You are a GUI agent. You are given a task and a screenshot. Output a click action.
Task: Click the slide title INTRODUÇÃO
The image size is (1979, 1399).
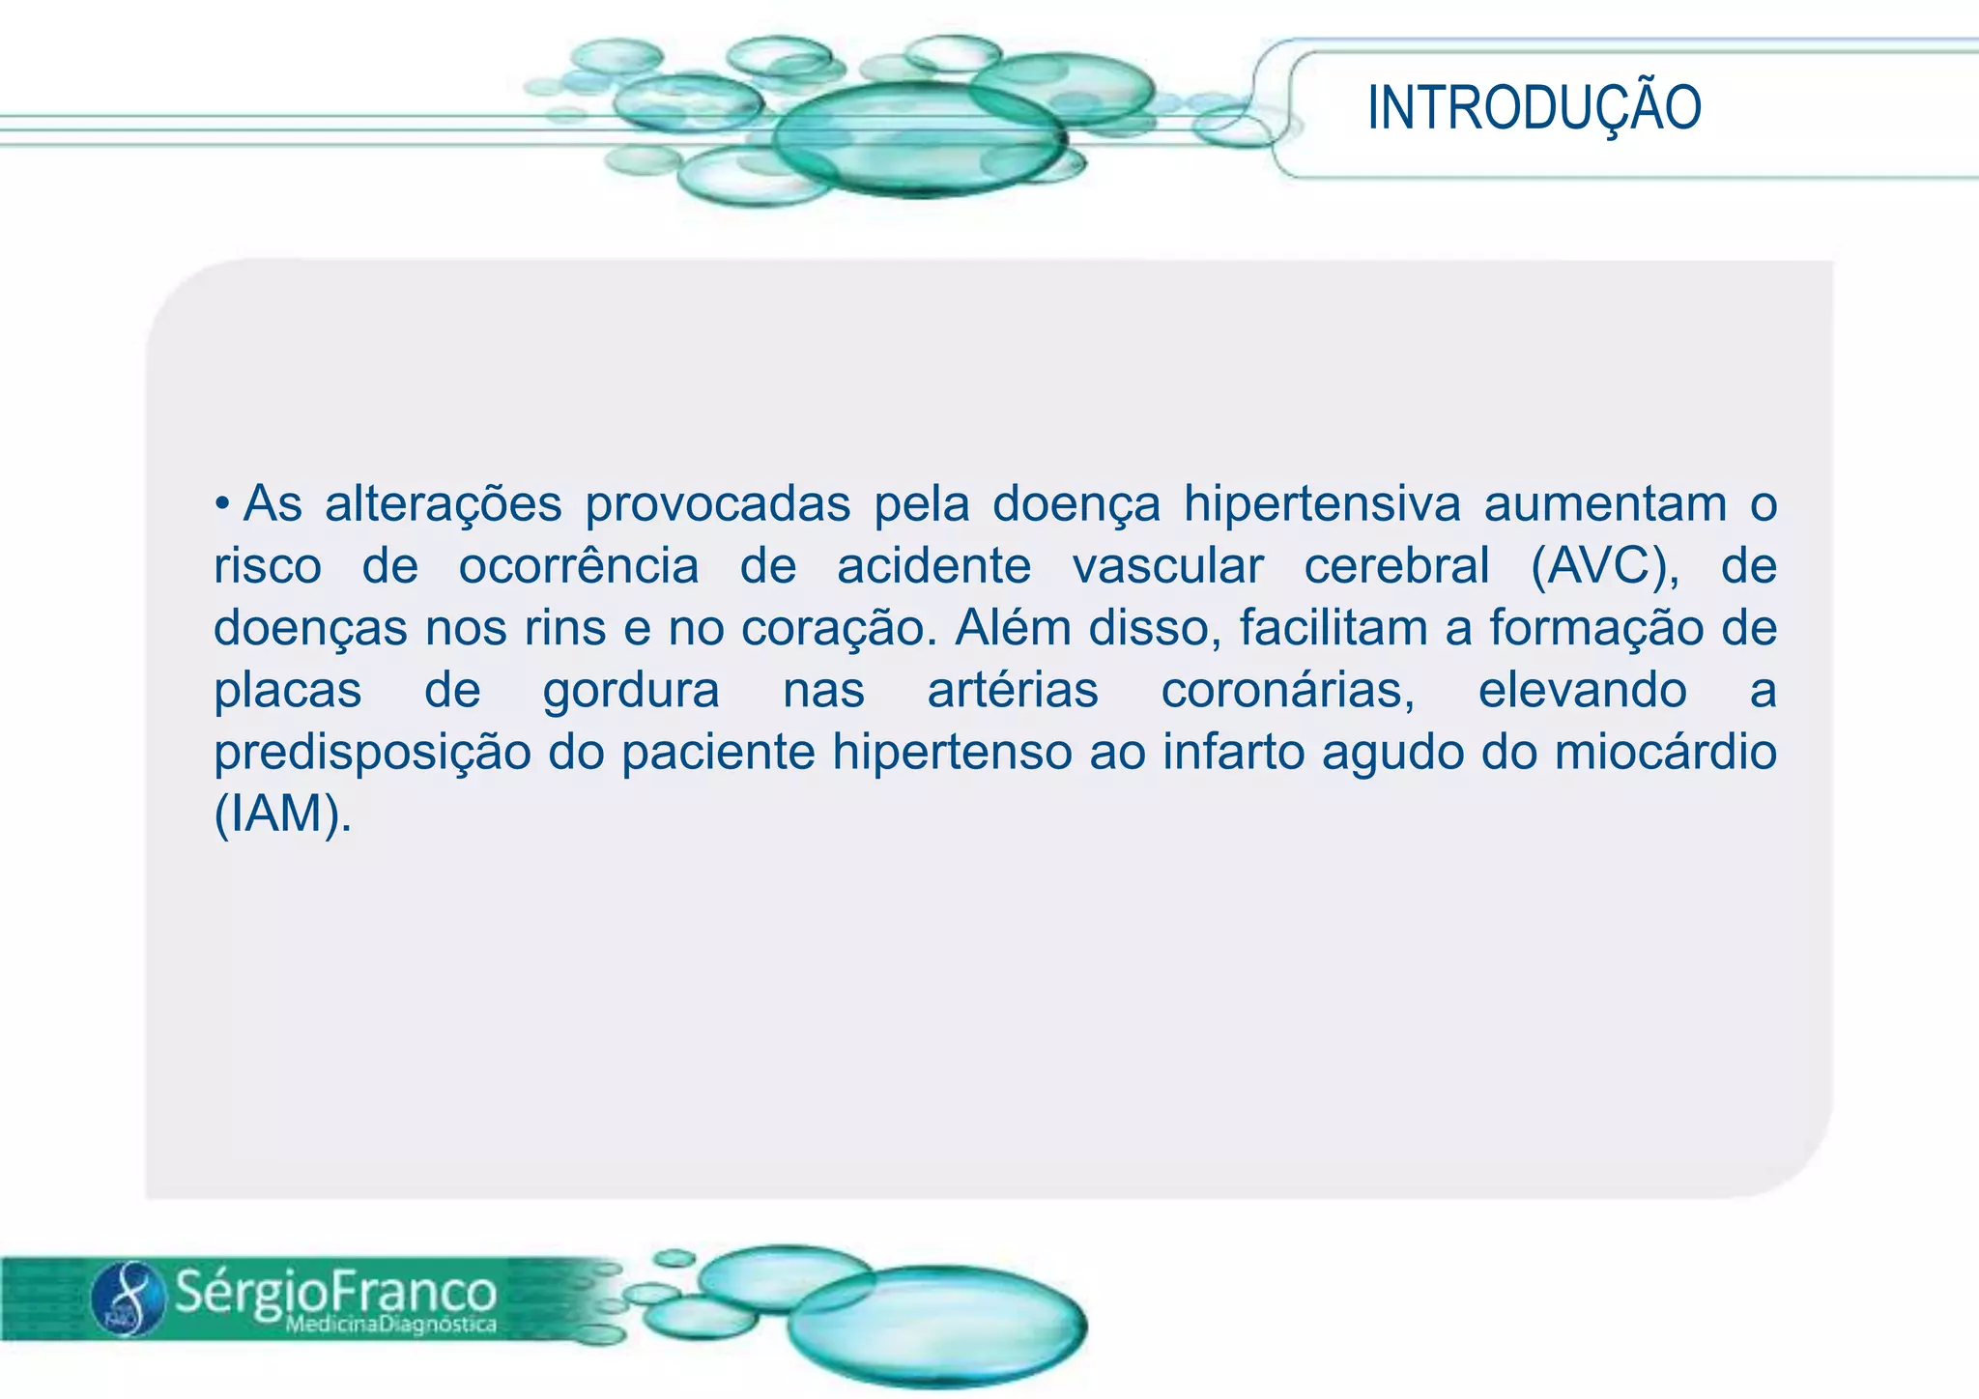(1534, 107)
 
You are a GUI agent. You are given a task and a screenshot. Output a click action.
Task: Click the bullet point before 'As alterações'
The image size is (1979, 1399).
(222, 502)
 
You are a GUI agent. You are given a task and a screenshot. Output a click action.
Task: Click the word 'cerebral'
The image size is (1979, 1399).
(1396, 566)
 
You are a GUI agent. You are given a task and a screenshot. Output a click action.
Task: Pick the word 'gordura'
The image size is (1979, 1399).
(631, 691)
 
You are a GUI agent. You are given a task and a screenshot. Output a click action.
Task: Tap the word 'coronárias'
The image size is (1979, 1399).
(1287, 691)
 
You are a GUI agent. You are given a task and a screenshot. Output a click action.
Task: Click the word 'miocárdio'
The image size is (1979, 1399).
(1665, 753)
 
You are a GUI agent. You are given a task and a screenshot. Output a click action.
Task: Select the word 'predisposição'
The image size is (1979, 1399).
(372, 753)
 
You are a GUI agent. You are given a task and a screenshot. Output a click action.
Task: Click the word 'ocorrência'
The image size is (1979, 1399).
(578, 566)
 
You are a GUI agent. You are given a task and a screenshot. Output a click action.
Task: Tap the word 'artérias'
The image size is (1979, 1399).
(1013, 691)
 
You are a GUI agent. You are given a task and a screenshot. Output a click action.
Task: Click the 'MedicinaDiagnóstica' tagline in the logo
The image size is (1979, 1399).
(390, 1325)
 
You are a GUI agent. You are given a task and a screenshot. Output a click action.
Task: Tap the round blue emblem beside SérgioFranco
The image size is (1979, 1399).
(129, 1299)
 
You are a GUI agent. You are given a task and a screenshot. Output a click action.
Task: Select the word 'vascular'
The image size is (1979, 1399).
(1167, 566)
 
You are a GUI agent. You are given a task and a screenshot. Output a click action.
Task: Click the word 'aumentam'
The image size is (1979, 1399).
(1605, 504)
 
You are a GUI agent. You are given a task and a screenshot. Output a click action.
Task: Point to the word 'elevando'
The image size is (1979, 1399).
(1582, 691)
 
